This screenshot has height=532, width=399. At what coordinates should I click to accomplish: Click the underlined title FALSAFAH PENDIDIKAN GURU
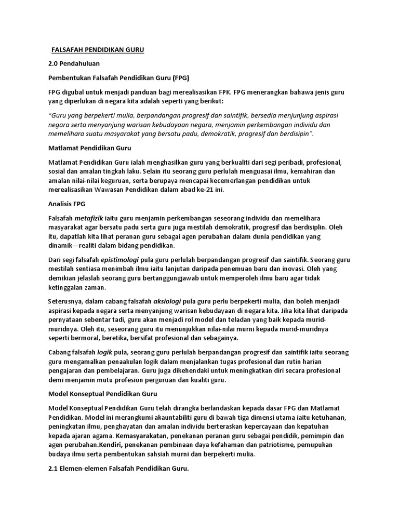98,50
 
